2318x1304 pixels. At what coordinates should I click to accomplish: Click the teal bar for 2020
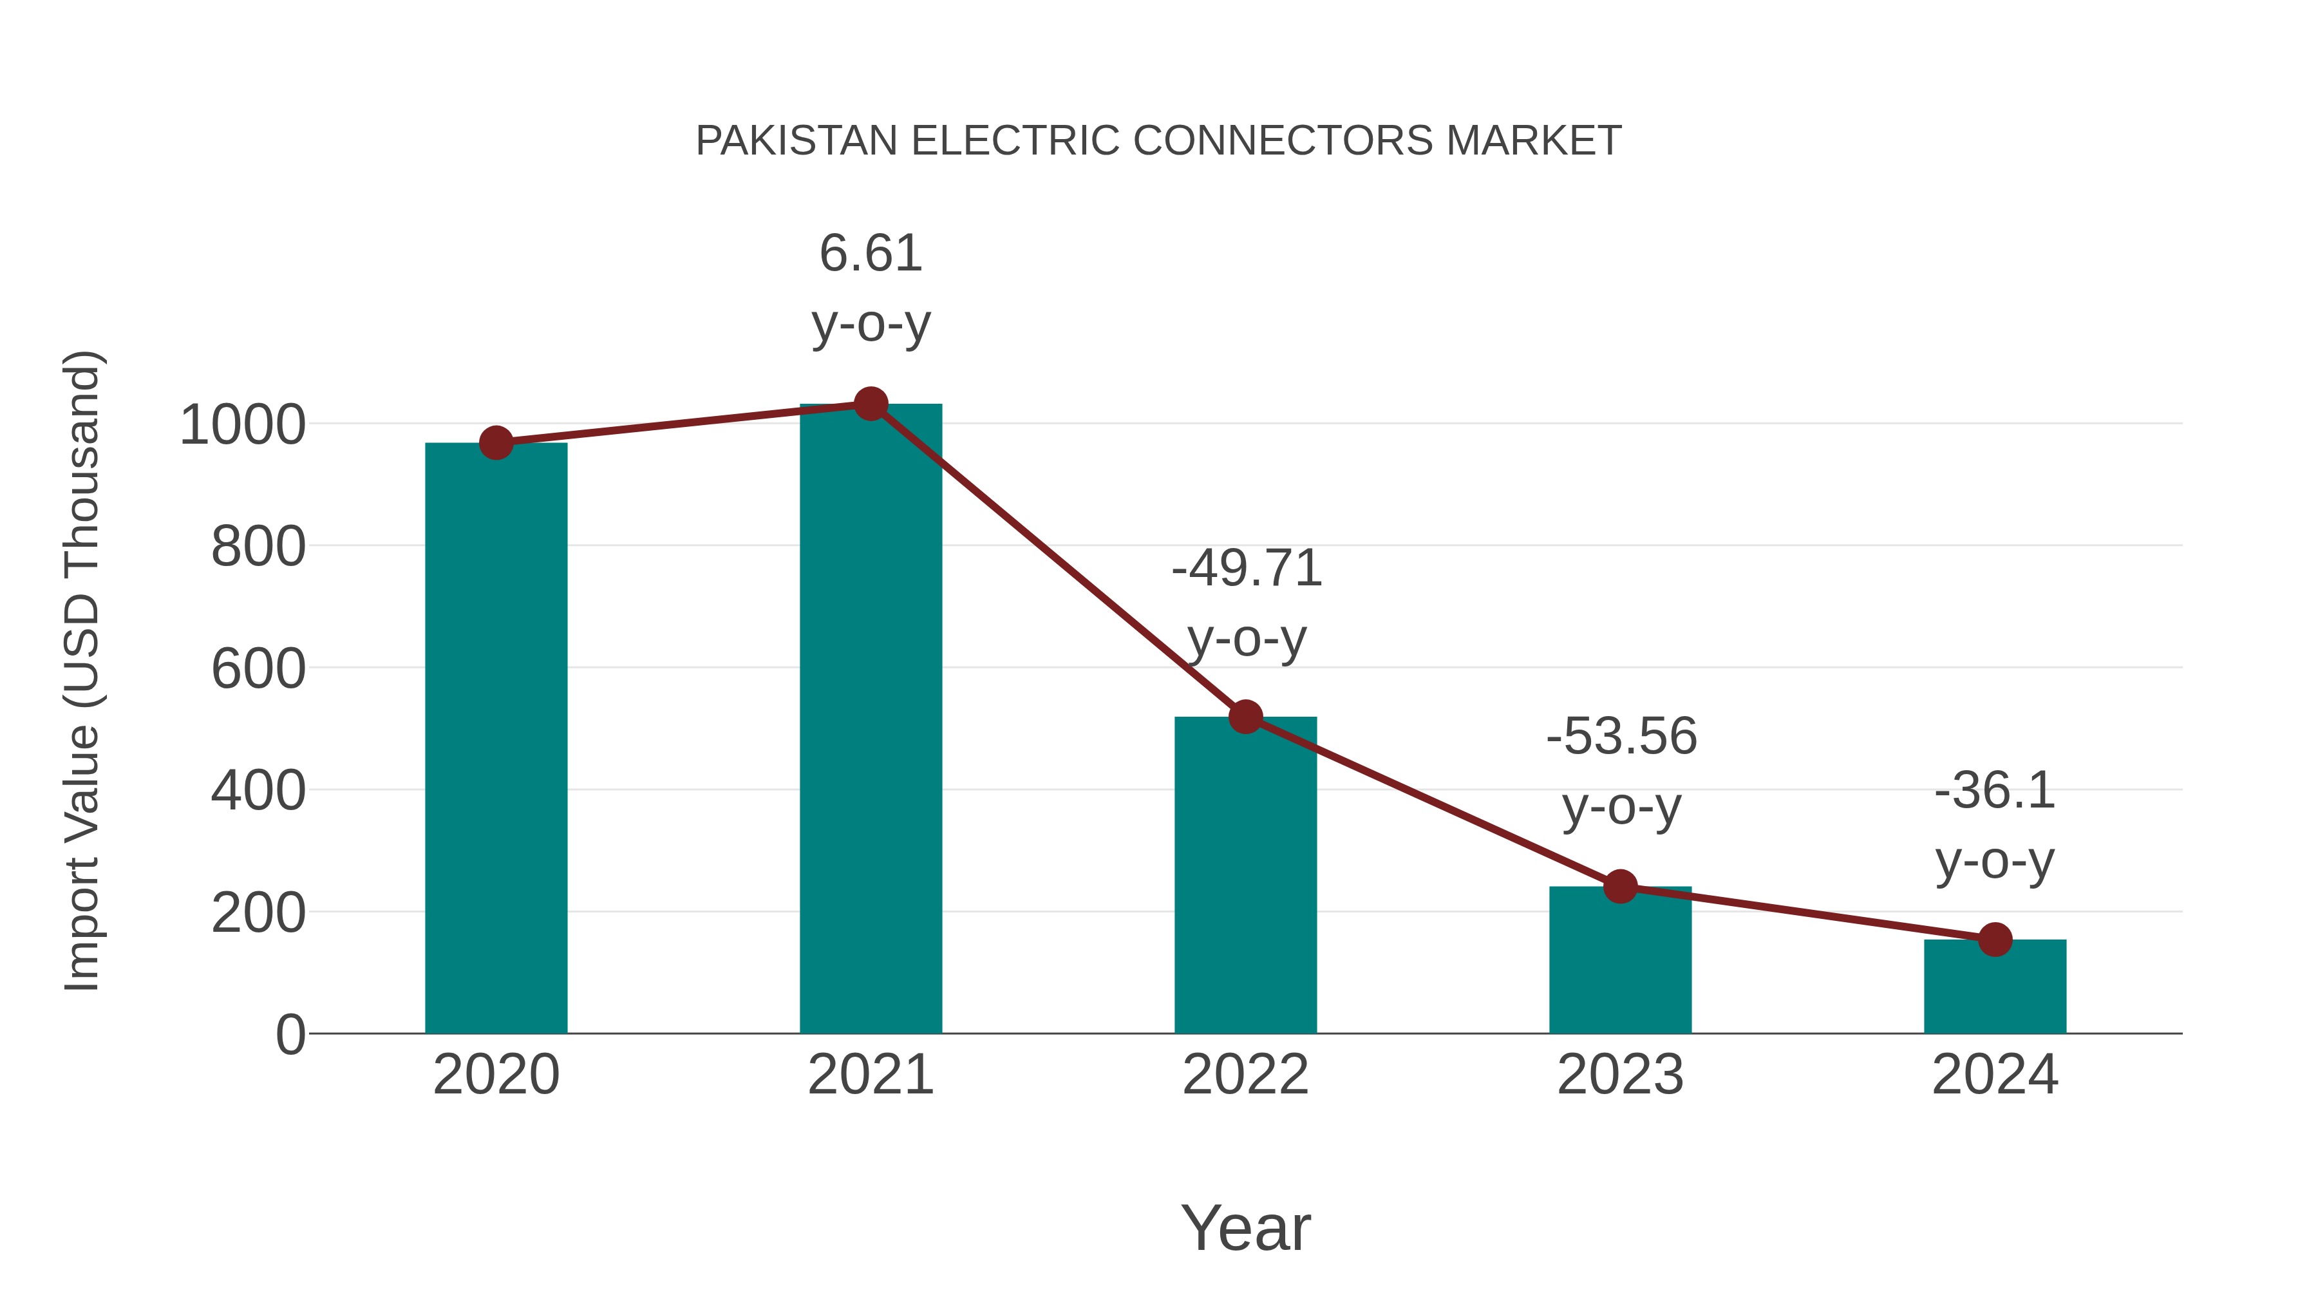click(496, 738)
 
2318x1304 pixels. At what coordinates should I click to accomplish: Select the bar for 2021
click(870, 720)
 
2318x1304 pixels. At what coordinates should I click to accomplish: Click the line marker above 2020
click(496, 443)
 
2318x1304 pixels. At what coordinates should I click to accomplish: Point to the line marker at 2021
click(870, 404)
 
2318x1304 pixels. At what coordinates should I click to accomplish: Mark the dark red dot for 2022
click(1245, 717)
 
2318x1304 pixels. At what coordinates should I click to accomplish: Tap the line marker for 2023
click(1620, 887)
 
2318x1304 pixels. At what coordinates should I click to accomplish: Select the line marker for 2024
click(1995, 940)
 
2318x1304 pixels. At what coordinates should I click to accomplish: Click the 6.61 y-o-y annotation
click(870, 254)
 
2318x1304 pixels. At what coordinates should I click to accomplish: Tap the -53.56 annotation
click(1621, 737)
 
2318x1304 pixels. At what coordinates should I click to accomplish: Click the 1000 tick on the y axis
click(243, 425)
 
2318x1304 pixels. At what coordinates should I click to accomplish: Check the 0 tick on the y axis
click(290, 1035)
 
